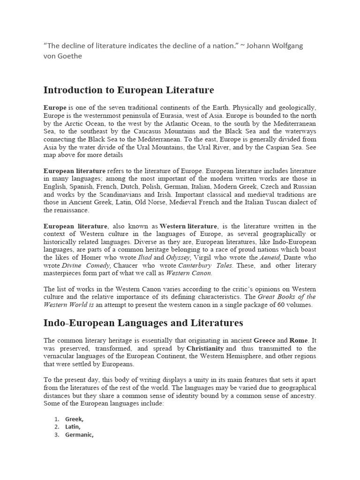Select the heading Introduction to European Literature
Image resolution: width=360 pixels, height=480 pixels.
coord(128,90)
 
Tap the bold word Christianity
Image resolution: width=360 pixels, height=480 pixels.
coord(205,348)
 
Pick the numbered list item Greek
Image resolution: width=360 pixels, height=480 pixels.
coord(75,419)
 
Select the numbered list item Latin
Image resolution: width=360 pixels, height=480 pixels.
coord(74,427)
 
